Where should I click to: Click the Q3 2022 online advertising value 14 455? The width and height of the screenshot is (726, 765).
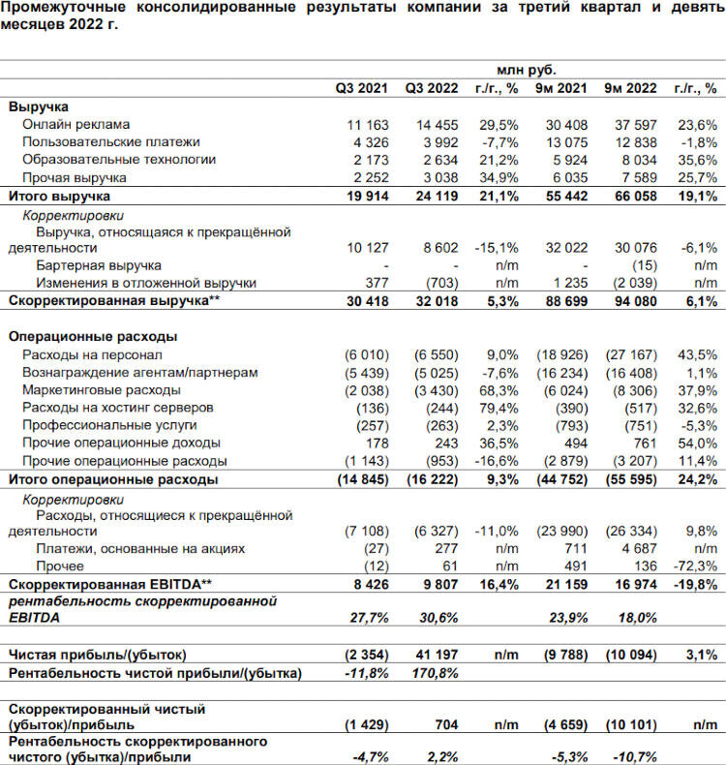coord(435,124)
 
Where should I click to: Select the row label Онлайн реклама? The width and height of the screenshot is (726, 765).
coord(76,124)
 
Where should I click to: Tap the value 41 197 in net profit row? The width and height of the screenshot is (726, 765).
coord(435,655)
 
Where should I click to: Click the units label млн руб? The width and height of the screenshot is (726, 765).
coord(527,70)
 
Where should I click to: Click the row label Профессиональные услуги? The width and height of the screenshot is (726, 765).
coord(109,425)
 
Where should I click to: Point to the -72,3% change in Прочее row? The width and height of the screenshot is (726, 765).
coord(696,566)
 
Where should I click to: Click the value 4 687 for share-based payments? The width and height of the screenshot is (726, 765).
coord(642,549)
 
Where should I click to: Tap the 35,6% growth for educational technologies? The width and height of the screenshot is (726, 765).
coord(697,159)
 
